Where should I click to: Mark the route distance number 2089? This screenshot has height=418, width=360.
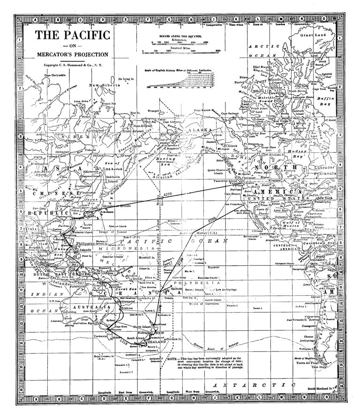[213, 219]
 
